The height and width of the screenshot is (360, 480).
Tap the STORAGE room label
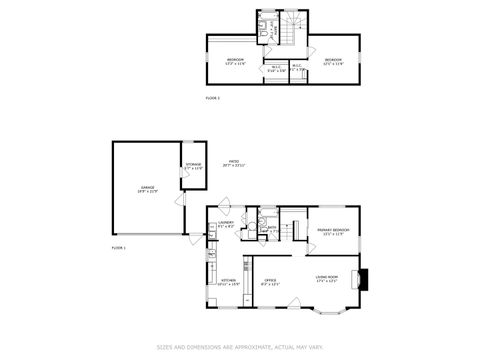(193, 165)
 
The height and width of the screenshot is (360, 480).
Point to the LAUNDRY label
(226, 223)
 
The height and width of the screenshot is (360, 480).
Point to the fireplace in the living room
(364, 278)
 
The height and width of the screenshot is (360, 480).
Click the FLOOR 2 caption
(212, 98)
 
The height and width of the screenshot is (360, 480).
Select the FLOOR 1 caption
(118, 247)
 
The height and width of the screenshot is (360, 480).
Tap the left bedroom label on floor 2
(235, 61)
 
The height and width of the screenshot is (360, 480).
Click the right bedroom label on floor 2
(333, 61)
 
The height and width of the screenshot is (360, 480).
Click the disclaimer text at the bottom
(240, 347)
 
